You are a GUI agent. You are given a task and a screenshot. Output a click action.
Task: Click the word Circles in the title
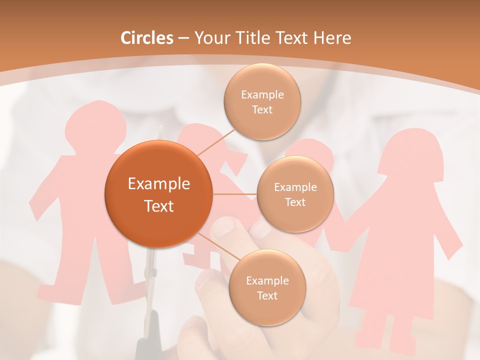147,38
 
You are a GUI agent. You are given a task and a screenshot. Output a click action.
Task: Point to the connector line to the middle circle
235,194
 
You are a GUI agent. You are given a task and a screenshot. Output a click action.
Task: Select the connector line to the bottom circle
217,248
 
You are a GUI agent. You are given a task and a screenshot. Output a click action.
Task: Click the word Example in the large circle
158,184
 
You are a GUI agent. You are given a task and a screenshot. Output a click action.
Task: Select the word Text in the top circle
262,110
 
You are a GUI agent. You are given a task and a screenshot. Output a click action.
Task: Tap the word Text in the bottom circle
267,295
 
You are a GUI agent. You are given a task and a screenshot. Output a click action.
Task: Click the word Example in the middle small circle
295,187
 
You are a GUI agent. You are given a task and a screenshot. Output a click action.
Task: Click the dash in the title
183,38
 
